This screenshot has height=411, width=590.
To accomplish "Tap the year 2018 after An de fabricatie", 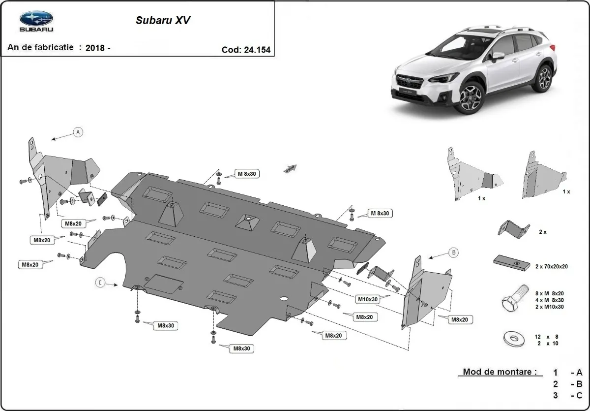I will [95, 48].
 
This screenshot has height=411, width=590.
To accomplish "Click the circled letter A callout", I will [77, 132].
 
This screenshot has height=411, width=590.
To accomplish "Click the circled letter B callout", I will [453, 253].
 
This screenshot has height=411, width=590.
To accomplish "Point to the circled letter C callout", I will [100, 282].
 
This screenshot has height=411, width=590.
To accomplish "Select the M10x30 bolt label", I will [368, 299].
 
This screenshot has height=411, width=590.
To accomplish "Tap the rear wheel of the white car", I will [544, 78].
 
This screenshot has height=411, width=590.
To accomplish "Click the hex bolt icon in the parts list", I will [511, 297].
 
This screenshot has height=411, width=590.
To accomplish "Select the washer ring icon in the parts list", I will [514, 339].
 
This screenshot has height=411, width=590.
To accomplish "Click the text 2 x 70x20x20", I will [551, 266].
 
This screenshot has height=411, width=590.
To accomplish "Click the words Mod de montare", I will [499, 372].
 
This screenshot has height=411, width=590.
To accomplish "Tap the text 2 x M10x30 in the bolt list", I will [550, 307].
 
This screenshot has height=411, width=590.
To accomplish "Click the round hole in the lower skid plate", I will [284, 299].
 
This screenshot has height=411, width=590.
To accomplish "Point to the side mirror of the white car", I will [498, 55].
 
